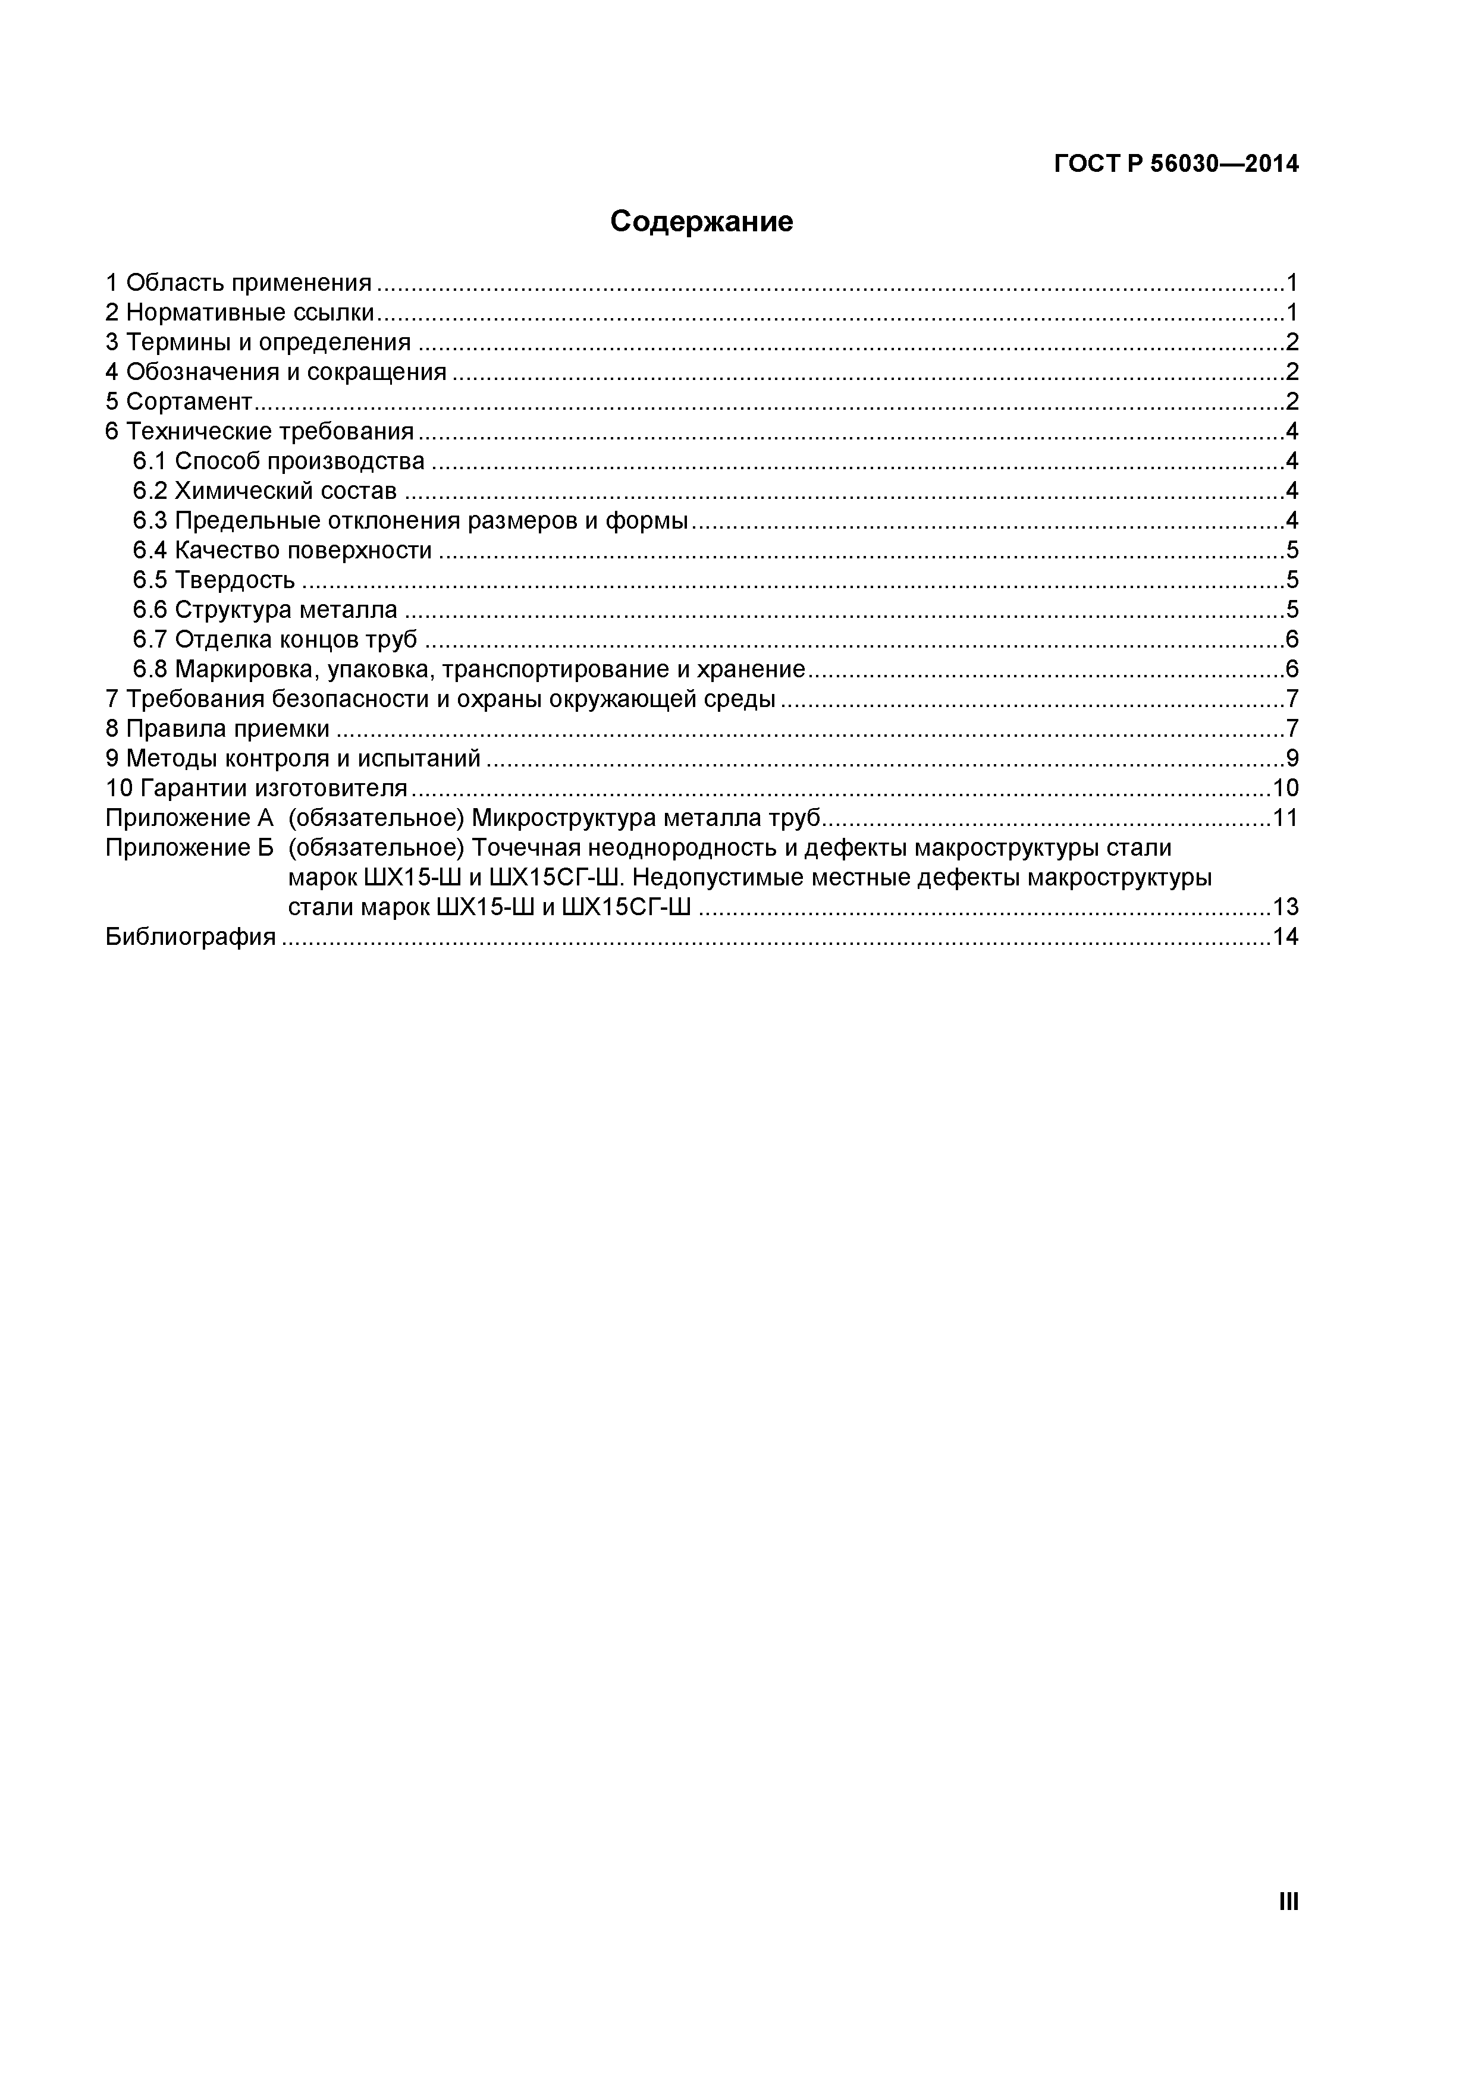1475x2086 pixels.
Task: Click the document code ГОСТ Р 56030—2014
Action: (1176, 165)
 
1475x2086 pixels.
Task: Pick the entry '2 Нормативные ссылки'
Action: (239, 313)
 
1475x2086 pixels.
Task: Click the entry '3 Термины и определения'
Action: (258, 343)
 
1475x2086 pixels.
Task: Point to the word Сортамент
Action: (188, 401)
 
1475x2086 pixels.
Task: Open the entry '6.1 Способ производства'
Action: (278, 461)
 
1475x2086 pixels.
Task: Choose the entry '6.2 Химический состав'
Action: (265, 492)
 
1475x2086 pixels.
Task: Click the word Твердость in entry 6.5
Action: (234, 580)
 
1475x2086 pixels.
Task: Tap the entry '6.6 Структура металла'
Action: (265, 610)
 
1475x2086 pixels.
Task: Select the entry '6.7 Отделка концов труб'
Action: (274, 640)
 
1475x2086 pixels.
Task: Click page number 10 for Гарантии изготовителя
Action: (1285, 788)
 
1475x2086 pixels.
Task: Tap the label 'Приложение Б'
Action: (189, 848)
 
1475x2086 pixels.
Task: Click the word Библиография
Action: (190, 937)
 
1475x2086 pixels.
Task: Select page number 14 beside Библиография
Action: (1285, 937)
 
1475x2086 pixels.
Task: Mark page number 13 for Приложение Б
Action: (1285, 907)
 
